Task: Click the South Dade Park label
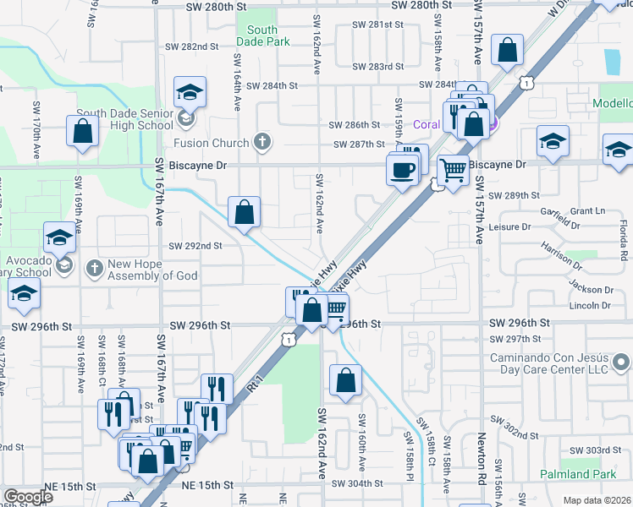coord(262,35)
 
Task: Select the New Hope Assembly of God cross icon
coord(93,268)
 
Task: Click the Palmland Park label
coord(579,474)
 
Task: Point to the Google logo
coord(28,497)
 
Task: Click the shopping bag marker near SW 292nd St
coord(244,214)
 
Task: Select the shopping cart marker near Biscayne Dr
coord(454,170)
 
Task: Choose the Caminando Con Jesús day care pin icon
coord(622,363)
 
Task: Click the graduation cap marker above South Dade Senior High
coord(190,92)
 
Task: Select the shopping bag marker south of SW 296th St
coord(345,381)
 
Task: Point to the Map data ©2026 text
coord(597,500)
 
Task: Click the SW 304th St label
coord(358,484)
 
